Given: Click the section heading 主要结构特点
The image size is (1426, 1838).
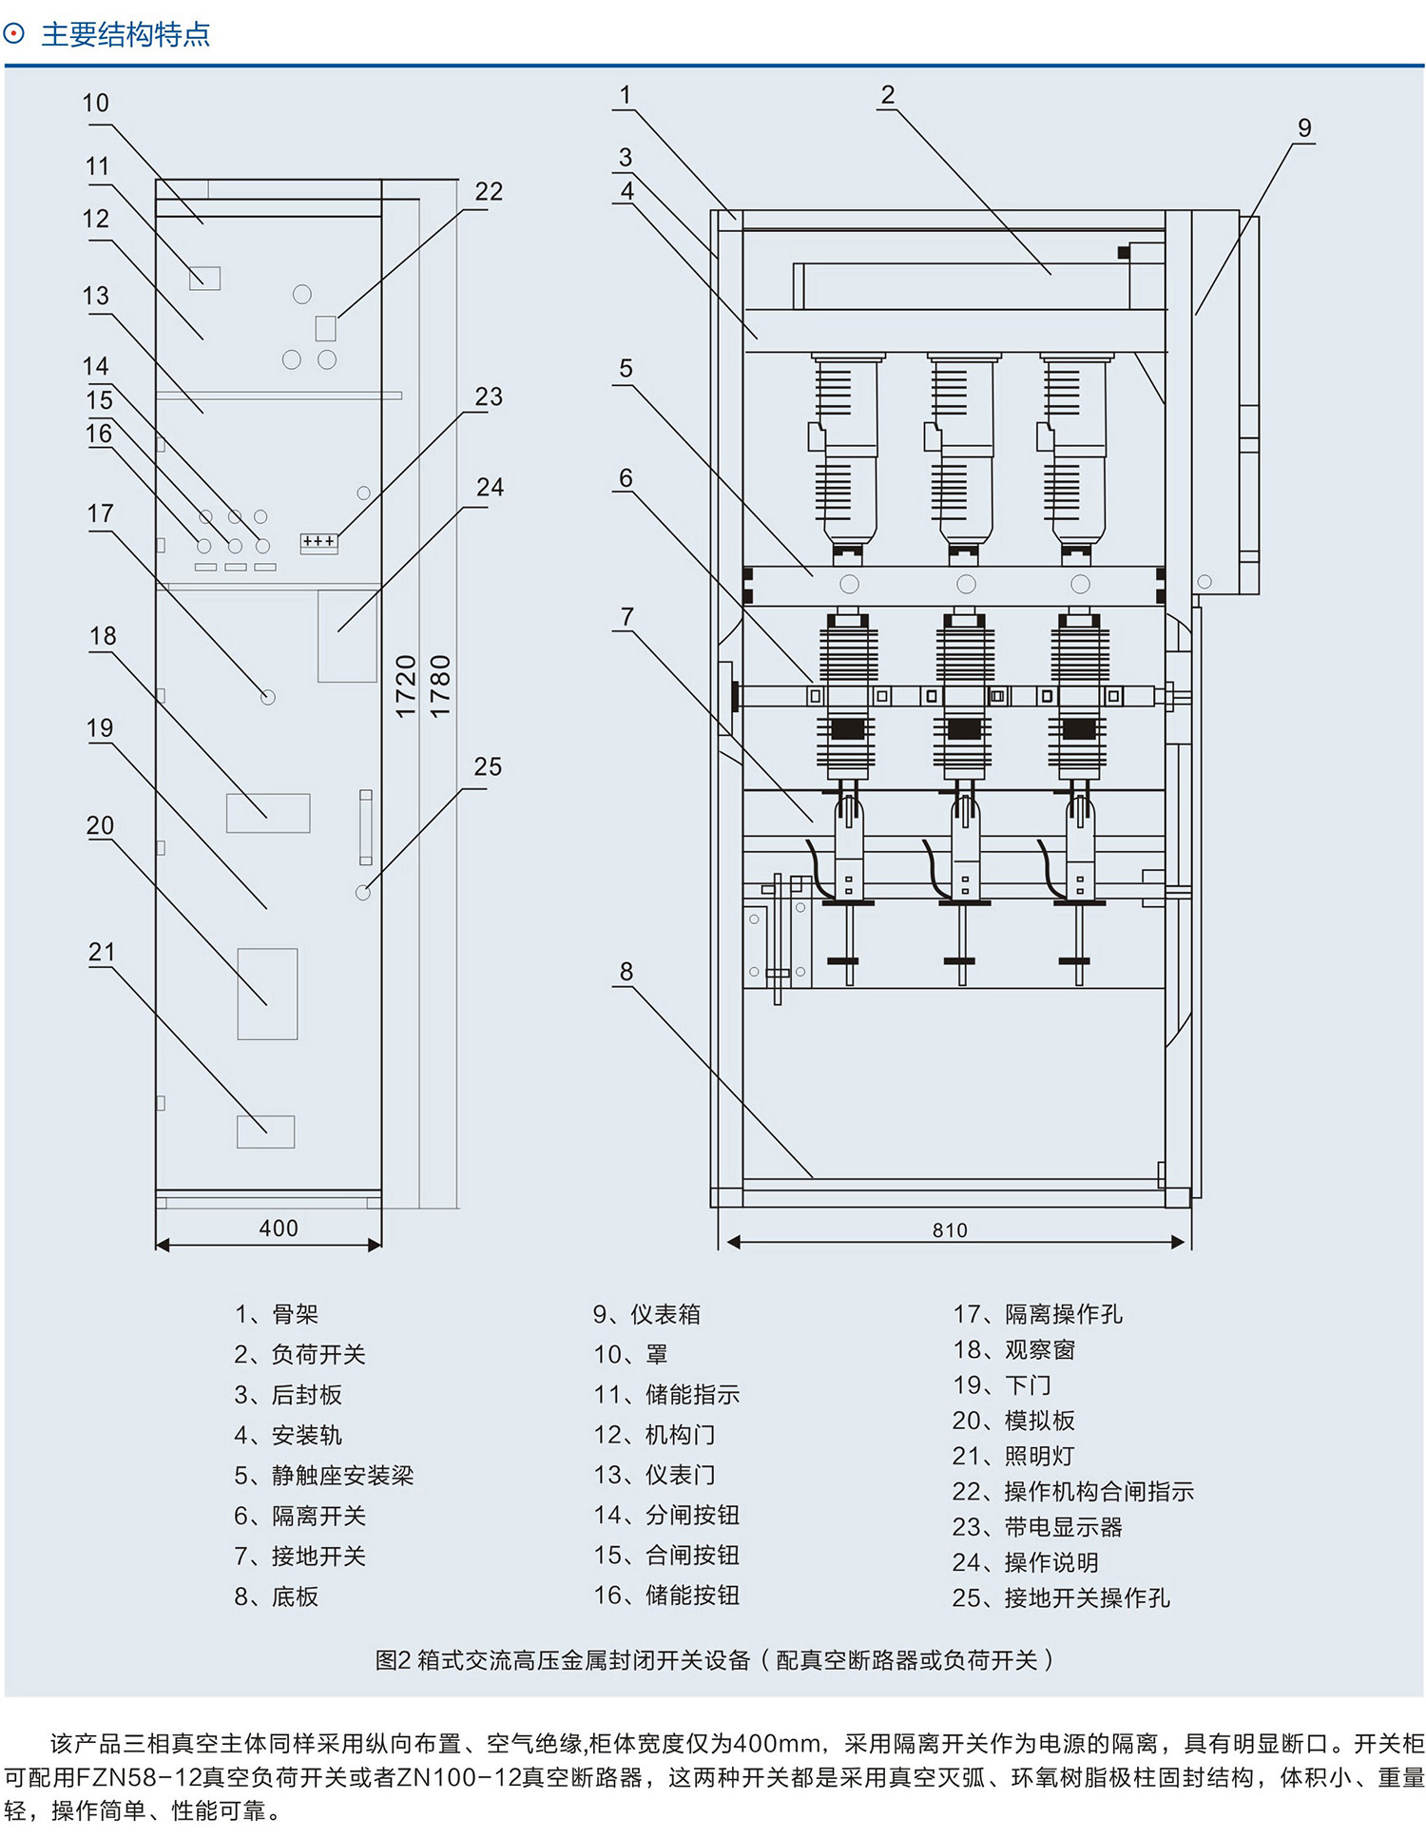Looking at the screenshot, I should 125,34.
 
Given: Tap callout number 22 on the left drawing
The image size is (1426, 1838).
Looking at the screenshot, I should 489,191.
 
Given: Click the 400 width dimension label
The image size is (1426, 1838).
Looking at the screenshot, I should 279,1229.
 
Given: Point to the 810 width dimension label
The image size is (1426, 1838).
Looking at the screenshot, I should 950,1230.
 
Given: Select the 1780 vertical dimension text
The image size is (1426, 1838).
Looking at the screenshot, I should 440,686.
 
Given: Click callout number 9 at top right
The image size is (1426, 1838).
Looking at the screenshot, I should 1304,128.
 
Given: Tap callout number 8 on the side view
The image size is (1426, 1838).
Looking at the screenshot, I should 626,972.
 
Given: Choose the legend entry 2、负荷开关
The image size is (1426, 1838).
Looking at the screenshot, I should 299,1354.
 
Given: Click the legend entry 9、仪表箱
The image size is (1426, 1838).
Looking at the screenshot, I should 646,1314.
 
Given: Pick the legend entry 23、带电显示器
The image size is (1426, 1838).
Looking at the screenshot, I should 1037,1527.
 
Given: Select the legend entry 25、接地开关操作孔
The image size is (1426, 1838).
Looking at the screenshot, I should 1061,1598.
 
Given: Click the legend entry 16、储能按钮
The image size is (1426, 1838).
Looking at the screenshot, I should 666,1596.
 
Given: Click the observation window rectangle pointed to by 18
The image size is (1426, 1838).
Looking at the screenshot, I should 268,813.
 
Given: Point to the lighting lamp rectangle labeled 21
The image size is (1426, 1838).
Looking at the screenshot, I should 265,1132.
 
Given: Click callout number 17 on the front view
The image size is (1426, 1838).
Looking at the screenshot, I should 100,514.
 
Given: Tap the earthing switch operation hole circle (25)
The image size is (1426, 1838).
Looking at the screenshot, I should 363,893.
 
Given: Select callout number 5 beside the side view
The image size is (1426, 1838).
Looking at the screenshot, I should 626,369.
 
